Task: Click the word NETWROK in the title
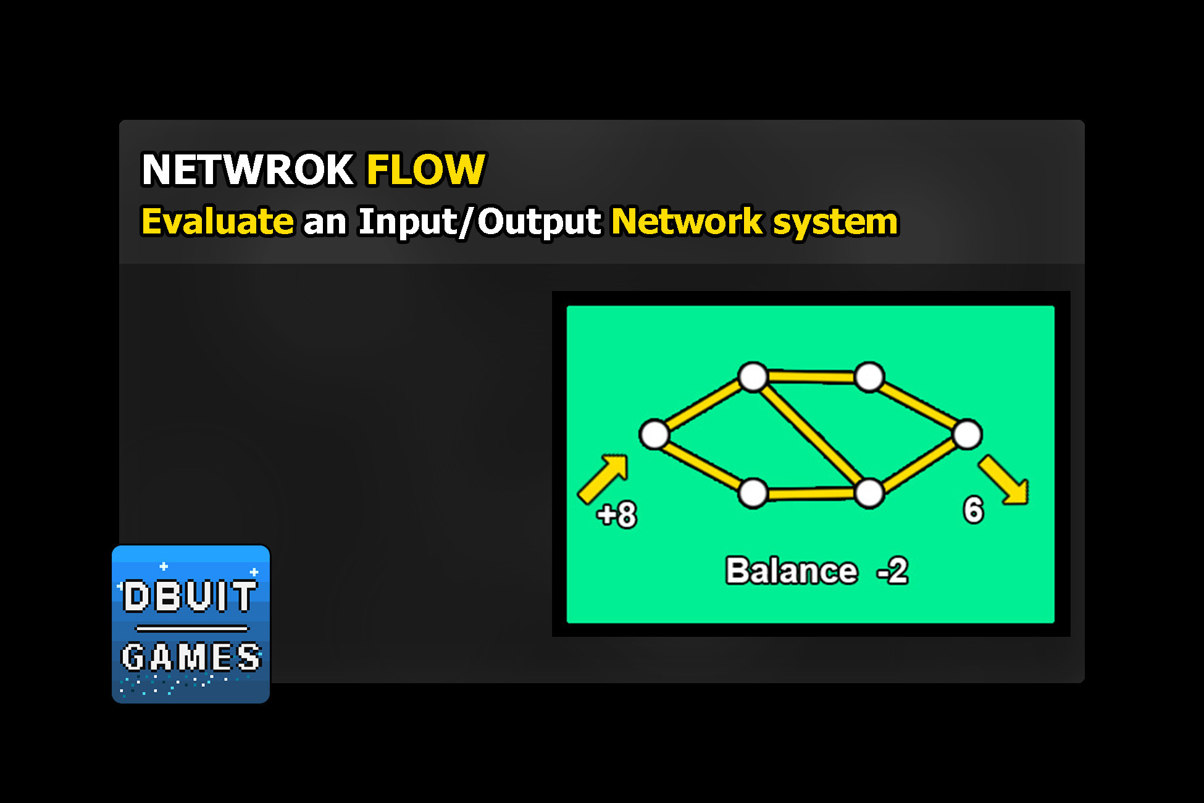tap(248, 169)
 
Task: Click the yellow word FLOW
tap(426, 169)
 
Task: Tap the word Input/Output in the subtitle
tap(479, 222)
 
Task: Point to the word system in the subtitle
tap(835, 222)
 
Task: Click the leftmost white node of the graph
tap(654, 434)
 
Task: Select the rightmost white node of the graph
tap(967, 434)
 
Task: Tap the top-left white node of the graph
tap(753, 377)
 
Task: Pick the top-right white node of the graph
tap(869, 377)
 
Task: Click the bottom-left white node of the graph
tap(753, 493)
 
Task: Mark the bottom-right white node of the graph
tap(869, 493)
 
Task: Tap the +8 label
tap(617, 514)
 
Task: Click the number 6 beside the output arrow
tap(973, 510)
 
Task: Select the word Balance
tap(792, 571)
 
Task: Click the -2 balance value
tap(893, 571)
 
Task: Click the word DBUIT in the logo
tap(190, 596)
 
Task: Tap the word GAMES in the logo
tap(191, 657)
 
